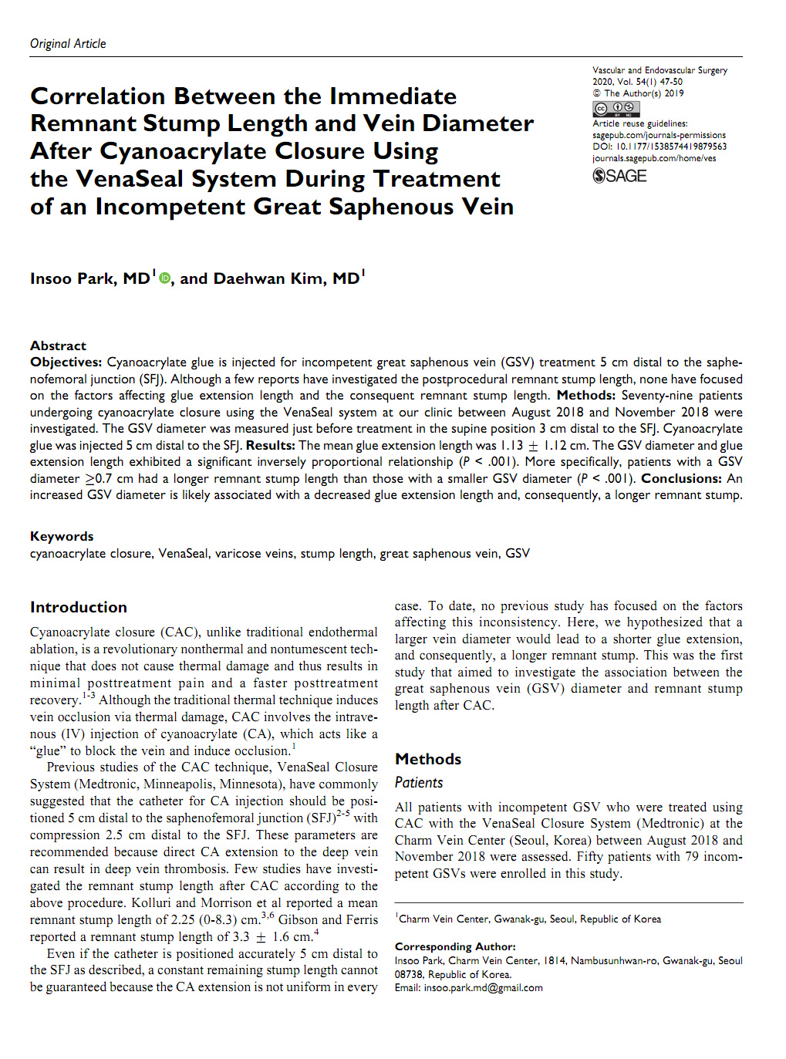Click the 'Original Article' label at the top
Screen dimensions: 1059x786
pyautogui.click(x=68, y=44)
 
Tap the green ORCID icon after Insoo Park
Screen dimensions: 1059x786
pyautogui.click(x=164, y=278)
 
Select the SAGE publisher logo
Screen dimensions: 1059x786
pyautogui.click(x=619, y=176)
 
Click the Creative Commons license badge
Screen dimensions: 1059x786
pyautogui.click(x=616, y=109)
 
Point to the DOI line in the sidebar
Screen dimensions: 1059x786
pyautogui.click(x=659, y=147)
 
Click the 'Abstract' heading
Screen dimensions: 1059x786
pyautogui.click(x=58, y=346)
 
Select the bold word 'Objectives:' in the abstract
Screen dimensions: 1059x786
pyautogui.click(x=66, y=363)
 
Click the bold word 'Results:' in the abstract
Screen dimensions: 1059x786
pyautogui.click(x=270, y=445)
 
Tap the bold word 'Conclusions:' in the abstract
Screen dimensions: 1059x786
pyautogui.click(x=681, y=478)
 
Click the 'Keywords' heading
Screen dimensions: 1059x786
pyautogui.click(x=62, y=536)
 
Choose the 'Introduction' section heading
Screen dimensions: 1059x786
pyautogui.click(x=79, y=607)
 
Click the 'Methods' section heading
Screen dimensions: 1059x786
pyautogui.click(x=428, y=759)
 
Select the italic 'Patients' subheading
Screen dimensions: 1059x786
pyautogui.click(x=419, y=783)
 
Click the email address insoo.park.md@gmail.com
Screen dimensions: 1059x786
pyautogui.click(x=483, y=988)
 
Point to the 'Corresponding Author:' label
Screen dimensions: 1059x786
pyautogui.click(x=455, y=946)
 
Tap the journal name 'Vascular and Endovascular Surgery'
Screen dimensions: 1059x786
pyautogui.click(x=659, y=70)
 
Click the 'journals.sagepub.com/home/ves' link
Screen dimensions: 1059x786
pyautogui.click(x=654, y=158)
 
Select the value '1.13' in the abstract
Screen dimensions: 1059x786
pyautogui.click(x=511, y=445)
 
